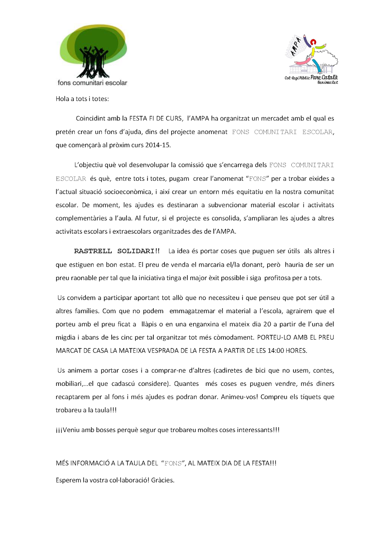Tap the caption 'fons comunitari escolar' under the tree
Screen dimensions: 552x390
92,83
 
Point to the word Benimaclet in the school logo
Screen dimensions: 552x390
328,82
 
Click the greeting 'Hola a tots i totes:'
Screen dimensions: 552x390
82,99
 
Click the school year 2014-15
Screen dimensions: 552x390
158,145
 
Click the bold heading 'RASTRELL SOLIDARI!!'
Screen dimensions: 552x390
117,251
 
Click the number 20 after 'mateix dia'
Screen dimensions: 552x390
267,324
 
